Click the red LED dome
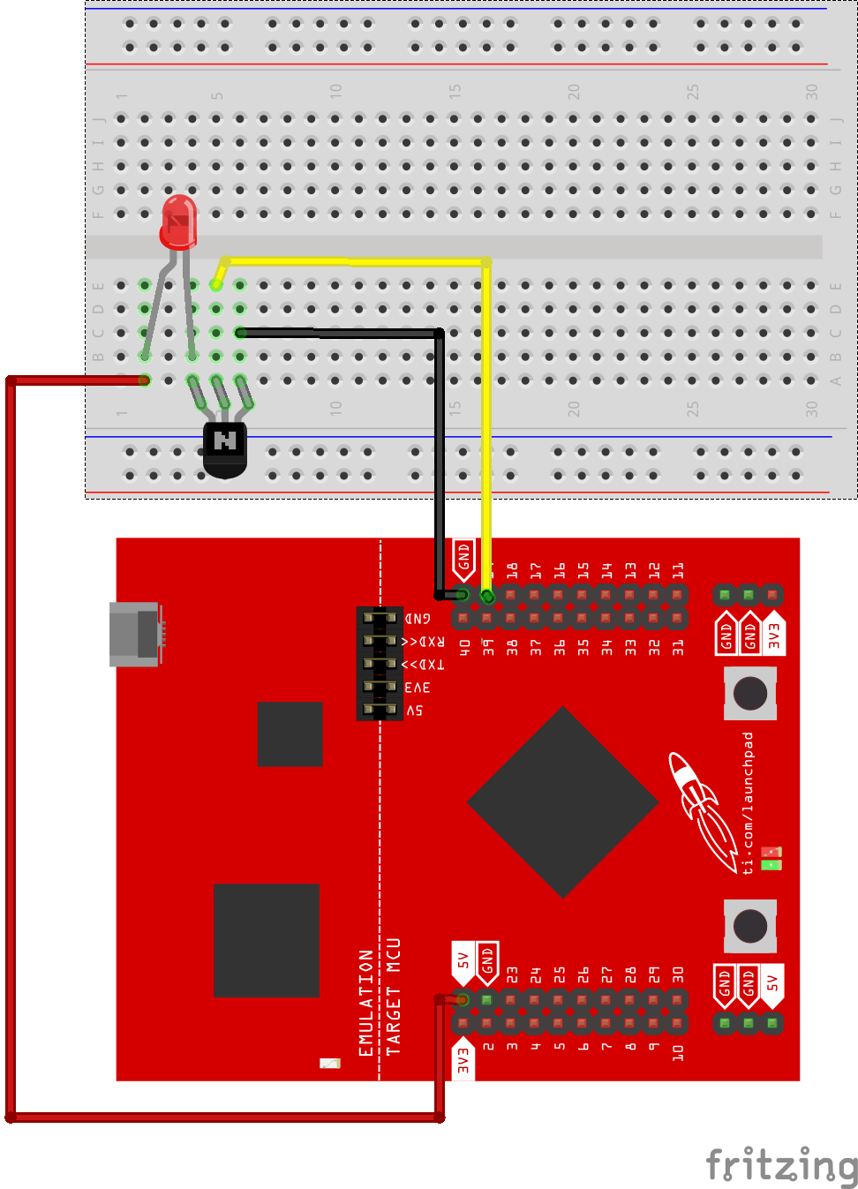(178, 221)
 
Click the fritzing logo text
(781, 1165)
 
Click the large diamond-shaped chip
(563, 801)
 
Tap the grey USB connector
(135, 633)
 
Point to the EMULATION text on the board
(366, 1003)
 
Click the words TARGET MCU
(394, 997)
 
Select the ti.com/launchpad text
(749, 802)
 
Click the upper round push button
(750, 693)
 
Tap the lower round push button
(750, 926)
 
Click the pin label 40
(464, 647)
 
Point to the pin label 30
(678, 975)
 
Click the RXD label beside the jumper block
(425, 642)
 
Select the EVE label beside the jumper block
(418, 688)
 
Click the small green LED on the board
(771, 865)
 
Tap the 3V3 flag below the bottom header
(463, 1059)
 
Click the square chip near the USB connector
(290, 734)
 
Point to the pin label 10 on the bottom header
(678, 1052)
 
